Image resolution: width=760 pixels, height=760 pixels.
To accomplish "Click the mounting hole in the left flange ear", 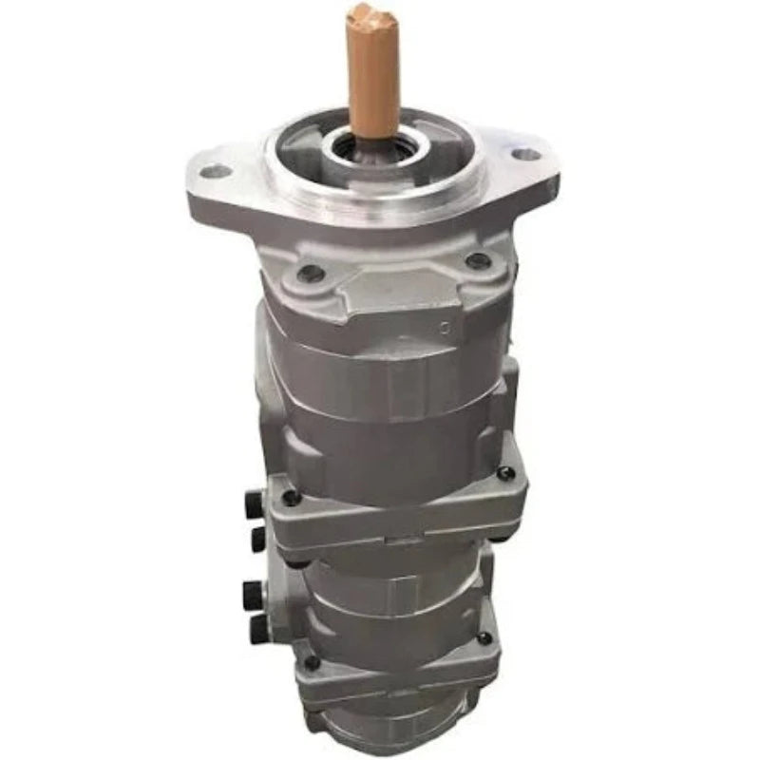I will click(218, 172).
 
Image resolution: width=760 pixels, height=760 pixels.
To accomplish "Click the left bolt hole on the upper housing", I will click(307, 274).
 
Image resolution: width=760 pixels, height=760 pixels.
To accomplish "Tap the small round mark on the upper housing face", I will click(445, 328).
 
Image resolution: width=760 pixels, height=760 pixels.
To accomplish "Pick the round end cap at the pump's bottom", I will click(399, 736).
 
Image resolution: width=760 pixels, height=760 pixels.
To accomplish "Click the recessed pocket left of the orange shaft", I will click(304, 152).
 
